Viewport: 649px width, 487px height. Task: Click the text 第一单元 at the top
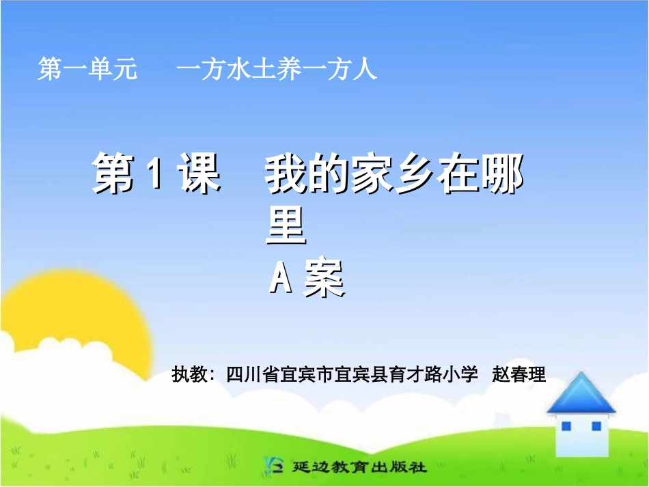pos(87,70)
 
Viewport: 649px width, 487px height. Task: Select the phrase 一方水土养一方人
pos(277,70)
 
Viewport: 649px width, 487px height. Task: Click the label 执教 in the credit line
pos(189,375)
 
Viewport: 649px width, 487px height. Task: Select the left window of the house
pos(566,426)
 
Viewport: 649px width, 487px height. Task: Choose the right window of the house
pos(596,426)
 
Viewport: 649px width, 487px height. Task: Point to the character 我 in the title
pos(286,176)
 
